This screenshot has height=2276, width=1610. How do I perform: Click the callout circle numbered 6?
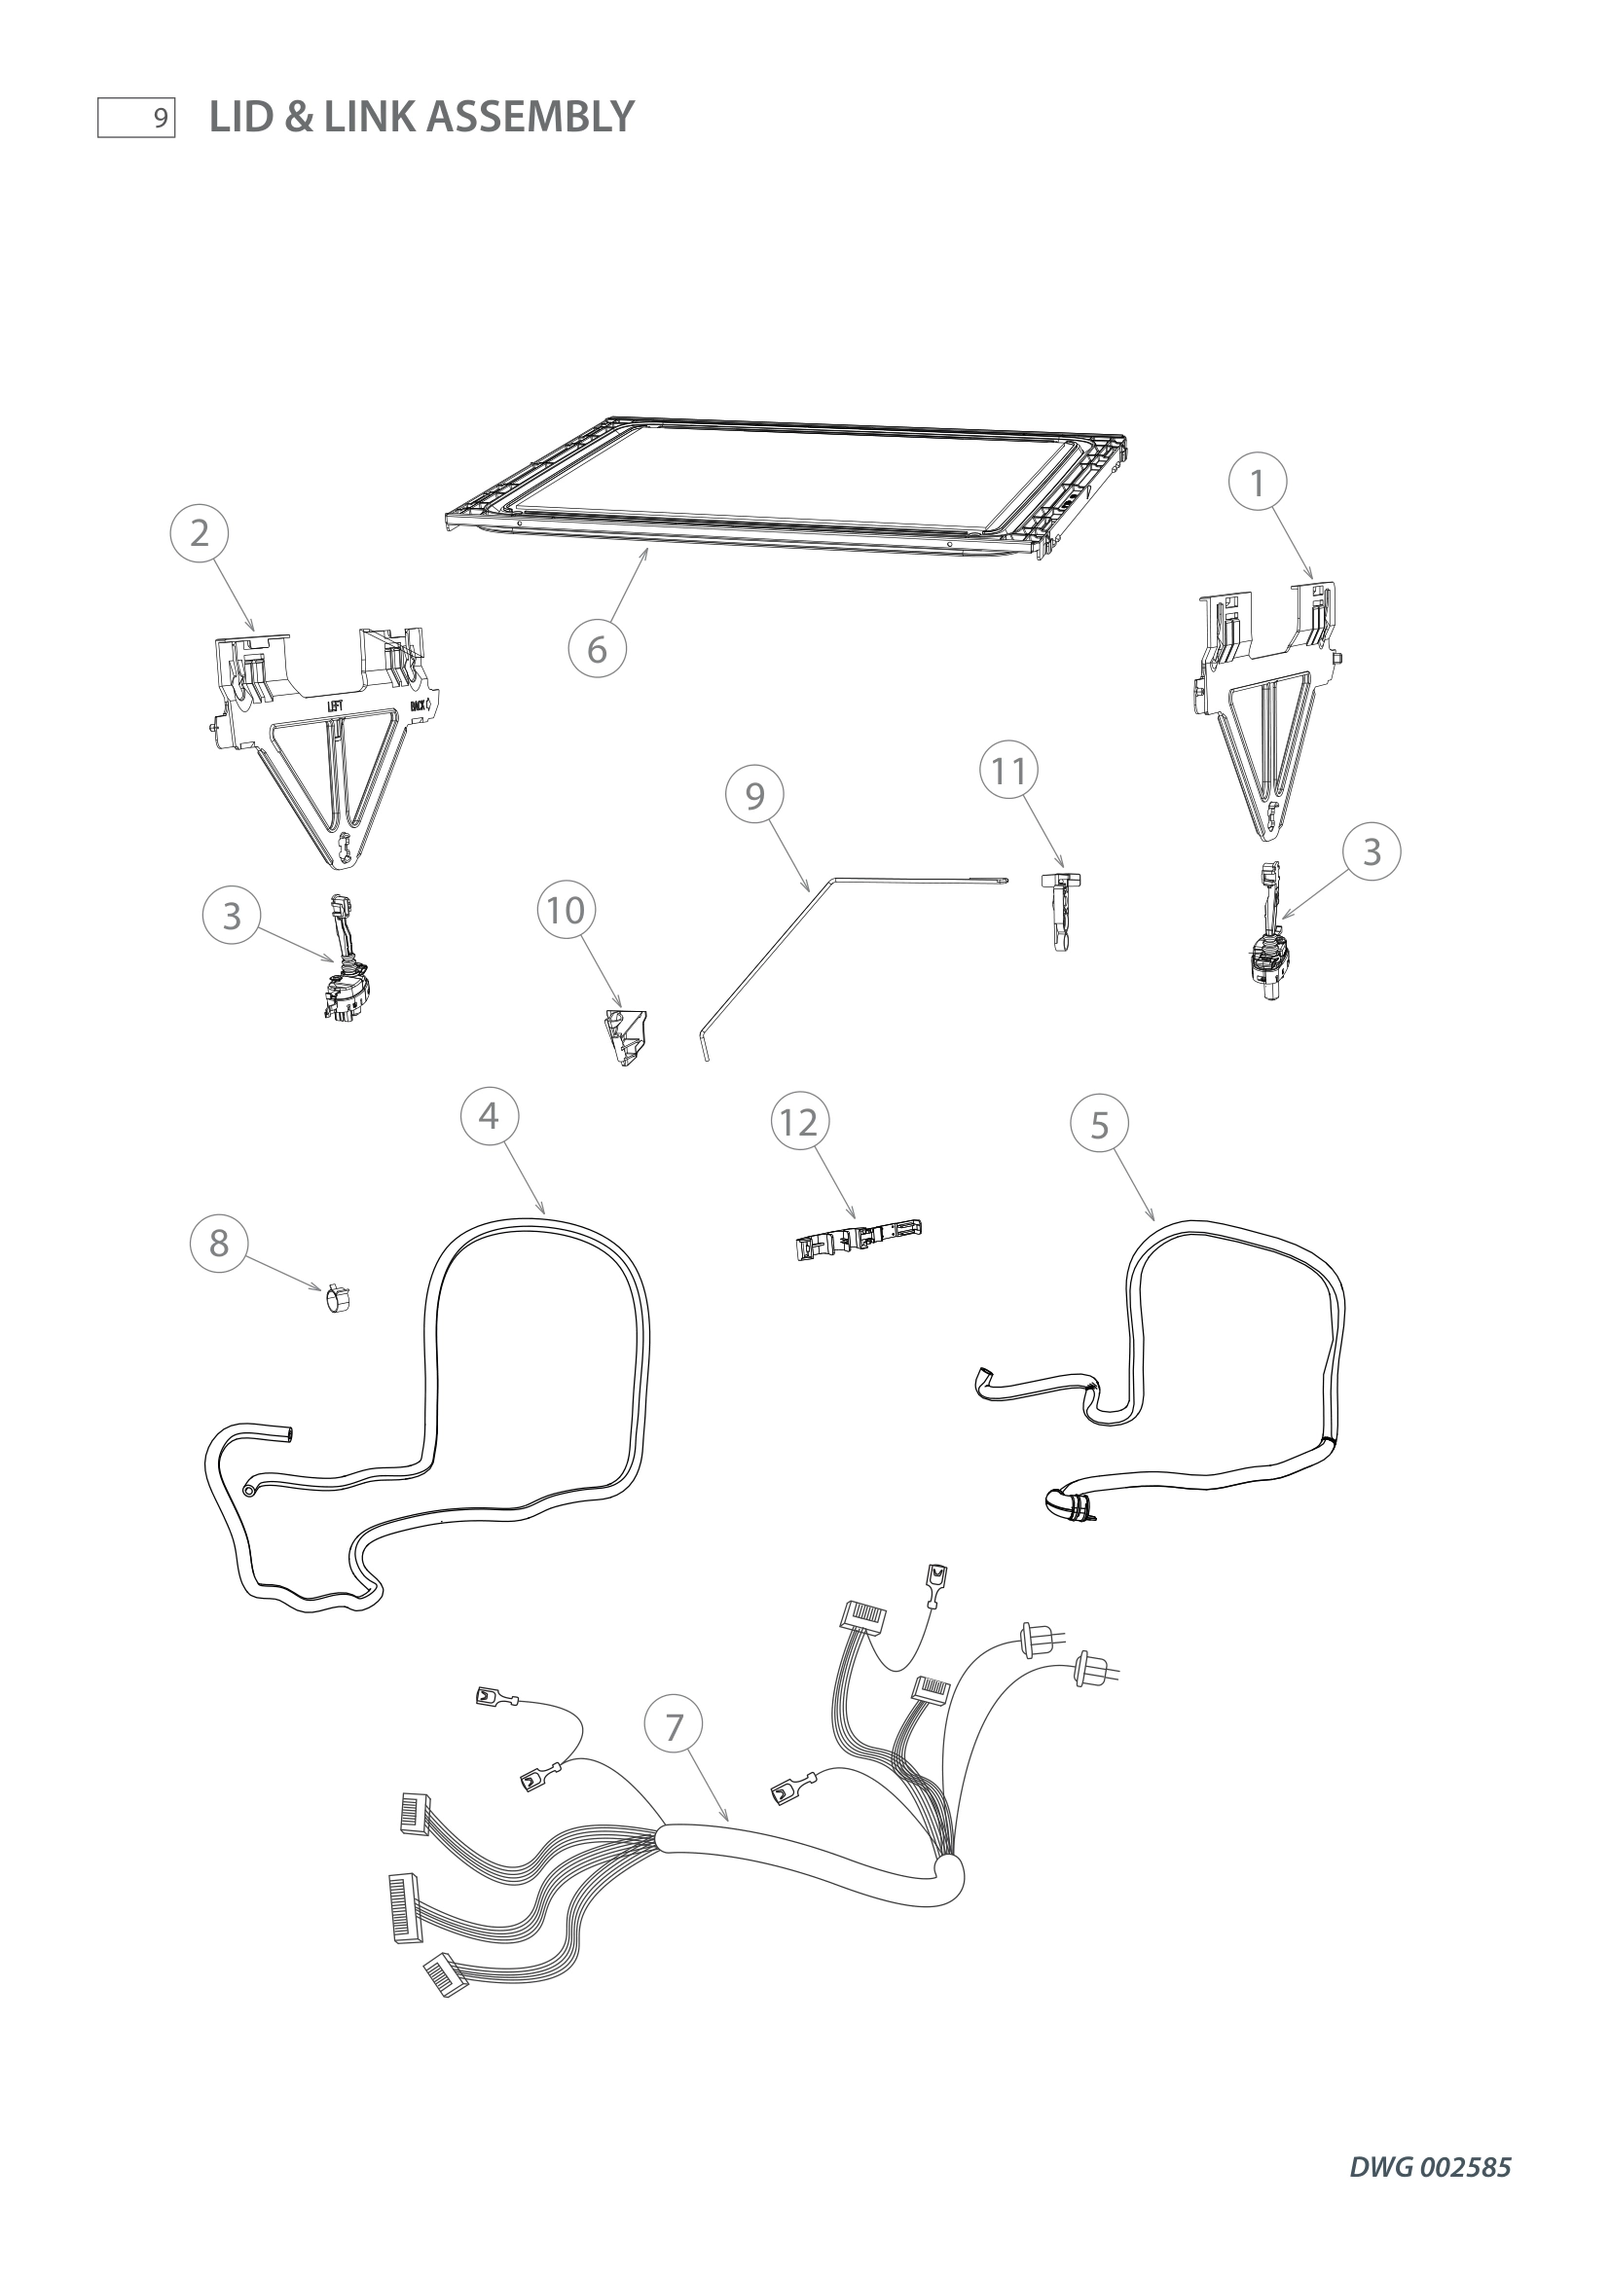pyautogui.click(x=597, y=649)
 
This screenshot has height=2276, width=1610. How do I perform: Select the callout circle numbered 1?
pyautogui.click(x=1257, y=483)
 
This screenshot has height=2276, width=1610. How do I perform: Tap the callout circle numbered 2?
pyautogui.click(x=200, y=533)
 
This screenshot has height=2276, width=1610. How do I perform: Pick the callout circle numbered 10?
pyautogui.click(x=567, y=910)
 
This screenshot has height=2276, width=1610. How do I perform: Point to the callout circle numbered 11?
pyautogui.click(x=1009, y=771)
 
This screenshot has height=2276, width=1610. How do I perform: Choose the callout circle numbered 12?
pyautogui.click(x=799, y=1122)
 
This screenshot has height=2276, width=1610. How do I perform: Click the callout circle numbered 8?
pyautogui.click(x=219, y=1243)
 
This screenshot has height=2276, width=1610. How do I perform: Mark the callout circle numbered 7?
pyautogui.click(x=675, y=1727)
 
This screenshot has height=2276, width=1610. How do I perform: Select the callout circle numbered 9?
pyautogui.click(x=754, y=795)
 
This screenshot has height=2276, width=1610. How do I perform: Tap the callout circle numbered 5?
pyautogui.click(x=1099, y=1125)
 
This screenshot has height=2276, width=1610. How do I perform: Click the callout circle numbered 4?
pyautogui.click(x=489, y=1116)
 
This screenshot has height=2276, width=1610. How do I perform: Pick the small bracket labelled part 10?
pyautogui.click(x=627, y=1037)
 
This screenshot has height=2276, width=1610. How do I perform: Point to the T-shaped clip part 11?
pyautogui.click(x=1061, y=907)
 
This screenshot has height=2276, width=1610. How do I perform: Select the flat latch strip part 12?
pyautogui.click(x=859, y=1239)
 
